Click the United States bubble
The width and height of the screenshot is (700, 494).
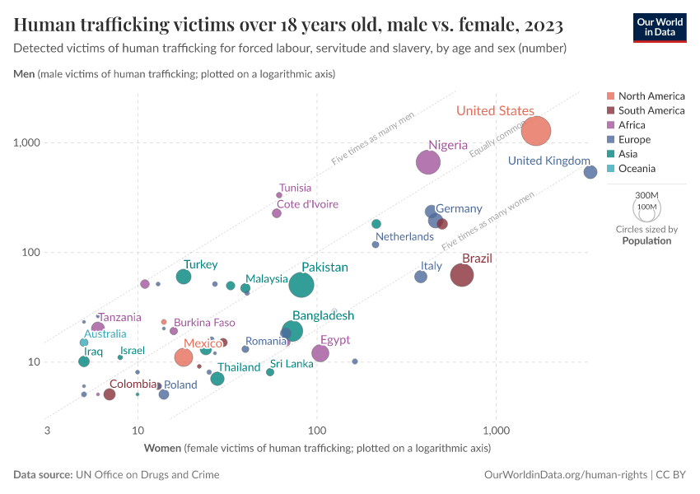tap(536, 130)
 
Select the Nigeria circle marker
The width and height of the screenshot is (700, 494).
tap(428, 162)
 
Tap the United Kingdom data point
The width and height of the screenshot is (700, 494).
tap(590, 172)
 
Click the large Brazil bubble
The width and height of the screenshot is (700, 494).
tap(462, 275)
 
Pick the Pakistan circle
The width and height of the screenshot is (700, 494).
tap(302, 285)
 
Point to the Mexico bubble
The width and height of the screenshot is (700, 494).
tap(184, 357)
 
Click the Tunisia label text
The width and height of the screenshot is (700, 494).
tap(295, 188)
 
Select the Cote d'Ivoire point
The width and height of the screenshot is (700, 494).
tap(277, 213)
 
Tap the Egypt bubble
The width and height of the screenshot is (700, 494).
tap(320, 353)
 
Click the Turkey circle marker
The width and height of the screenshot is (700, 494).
tap(184, 277)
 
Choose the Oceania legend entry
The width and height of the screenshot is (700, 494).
tap(637, 169)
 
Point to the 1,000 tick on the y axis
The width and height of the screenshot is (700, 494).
tap(27, 142)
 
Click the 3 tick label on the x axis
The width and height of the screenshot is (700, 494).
tap(48, 431)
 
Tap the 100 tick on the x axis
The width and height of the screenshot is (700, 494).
tap(317, 431)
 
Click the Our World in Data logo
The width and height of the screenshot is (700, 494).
tap(660, 26)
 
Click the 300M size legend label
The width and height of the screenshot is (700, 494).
tap(646, 195)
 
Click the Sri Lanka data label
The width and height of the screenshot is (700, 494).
tap(292, 364)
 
